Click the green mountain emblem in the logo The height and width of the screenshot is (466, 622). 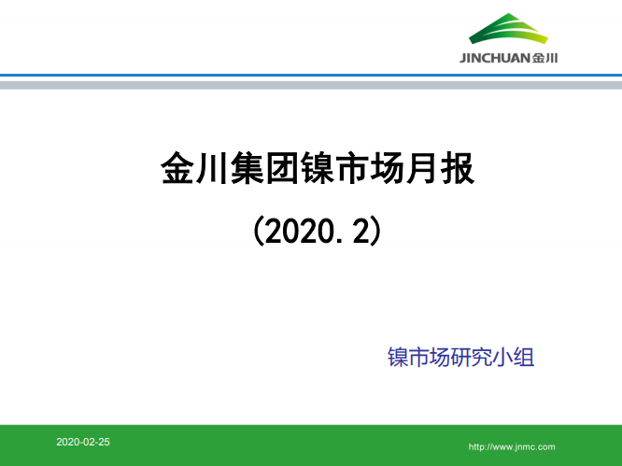pos(510,32)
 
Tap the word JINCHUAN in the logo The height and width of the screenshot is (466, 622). pos(495,58)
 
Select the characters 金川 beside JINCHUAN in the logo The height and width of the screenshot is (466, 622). pos(545,58)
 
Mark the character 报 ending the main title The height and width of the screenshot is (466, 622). pos(457,171)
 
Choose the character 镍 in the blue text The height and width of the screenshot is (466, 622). pos(398,357)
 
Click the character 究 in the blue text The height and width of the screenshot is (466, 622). pos(482,357)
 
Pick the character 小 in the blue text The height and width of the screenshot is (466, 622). pos(503,357)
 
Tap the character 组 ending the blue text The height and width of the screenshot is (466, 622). pos(524,357)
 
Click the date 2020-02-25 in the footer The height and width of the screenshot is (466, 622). pos(82,441)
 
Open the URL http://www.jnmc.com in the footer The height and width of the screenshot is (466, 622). pos(511,447)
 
